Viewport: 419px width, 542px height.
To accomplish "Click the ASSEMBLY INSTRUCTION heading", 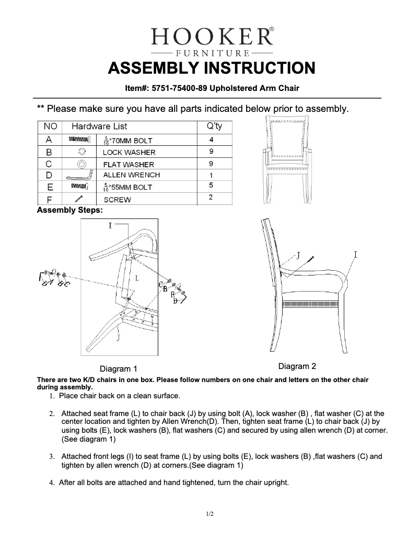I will point(211,68).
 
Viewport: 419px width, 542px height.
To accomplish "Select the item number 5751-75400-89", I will point(176,88).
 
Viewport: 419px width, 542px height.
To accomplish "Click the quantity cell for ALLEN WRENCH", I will point(211,175).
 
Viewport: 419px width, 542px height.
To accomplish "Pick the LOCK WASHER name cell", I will point(129,152).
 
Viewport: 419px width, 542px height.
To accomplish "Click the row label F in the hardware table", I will point(49,199).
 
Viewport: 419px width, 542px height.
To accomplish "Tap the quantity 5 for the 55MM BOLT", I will point(211,185).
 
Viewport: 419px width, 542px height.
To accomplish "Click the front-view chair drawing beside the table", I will point(285,159).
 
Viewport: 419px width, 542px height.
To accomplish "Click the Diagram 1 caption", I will point(119,368).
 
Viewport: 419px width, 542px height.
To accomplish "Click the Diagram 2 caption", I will point(297,366).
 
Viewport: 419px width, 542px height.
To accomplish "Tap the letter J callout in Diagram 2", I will point(298,255).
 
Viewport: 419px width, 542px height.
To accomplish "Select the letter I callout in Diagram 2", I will point(355,255).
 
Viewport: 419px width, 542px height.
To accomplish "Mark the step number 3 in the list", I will point(52,457).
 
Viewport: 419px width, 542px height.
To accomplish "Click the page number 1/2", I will point(210,514).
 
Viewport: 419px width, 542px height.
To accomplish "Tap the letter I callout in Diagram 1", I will point(110,226).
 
